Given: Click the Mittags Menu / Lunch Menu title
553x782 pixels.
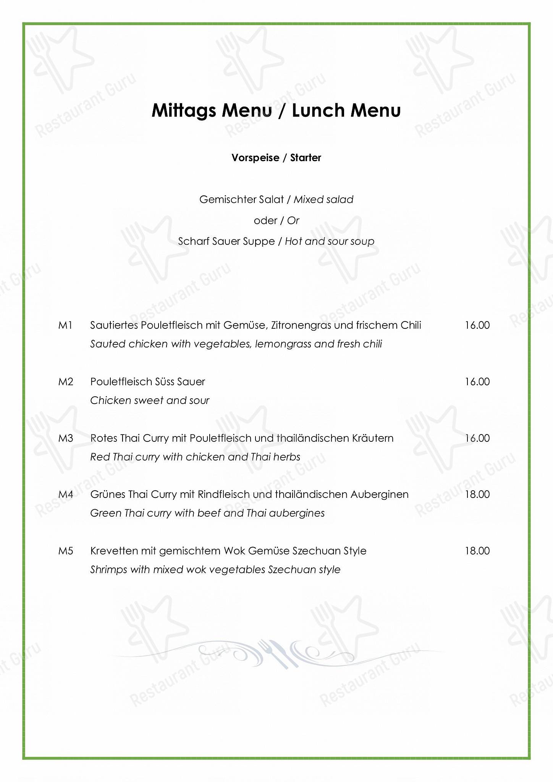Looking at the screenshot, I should click(x=276, y=111).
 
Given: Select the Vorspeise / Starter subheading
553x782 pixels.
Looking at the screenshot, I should click(x=276, y=158).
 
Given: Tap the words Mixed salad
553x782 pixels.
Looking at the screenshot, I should click(x=323, y=199).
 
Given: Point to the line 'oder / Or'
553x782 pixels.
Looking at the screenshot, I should click(x=276, y=220).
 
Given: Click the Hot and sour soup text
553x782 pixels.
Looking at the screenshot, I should click(x=329, y=241).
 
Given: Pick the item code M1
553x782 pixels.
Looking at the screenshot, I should click(x=65, y=325).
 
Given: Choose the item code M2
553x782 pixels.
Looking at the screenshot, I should click(x=66, y=382).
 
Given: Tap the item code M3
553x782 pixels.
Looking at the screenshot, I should click(x=66, y=438).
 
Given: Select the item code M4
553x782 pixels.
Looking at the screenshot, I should click(x=66, y=494).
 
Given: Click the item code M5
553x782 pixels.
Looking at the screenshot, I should click(x=66, y=551).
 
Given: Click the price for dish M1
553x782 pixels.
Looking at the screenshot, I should click(x=477, y=325).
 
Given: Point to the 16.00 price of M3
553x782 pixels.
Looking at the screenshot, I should click(x=477, y=438).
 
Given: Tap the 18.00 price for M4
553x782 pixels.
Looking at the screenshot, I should click(x=477, y=494).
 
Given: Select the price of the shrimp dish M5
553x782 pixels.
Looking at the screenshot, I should click(x=477, y=551).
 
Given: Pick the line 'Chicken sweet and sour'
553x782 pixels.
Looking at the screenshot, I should click(x=150, y=401).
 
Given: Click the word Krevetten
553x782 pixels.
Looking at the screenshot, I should click(x=114, y=551).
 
